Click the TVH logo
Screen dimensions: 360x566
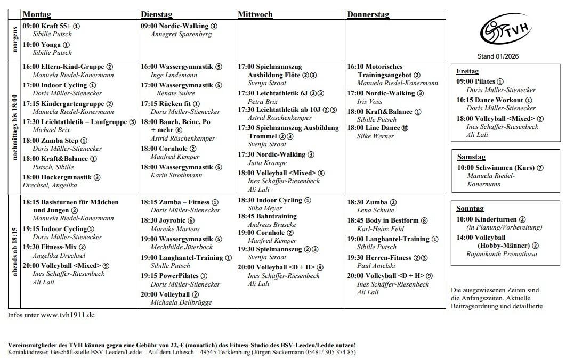(x=498, y=31)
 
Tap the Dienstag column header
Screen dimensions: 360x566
(x=156, y=14)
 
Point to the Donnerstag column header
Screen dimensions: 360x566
(x=368, y=14)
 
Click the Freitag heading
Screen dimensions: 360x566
(x=467, y=71)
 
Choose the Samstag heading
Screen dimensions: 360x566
(x=471, y=157)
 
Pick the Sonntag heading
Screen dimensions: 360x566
(x=470, y=209)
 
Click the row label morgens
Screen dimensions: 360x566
(x=14, y=40)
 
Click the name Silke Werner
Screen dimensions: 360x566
(x=375, y=136)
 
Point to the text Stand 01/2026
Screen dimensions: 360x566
(x=498, y=56)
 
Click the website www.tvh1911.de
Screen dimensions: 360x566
(x=68, y=315)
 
